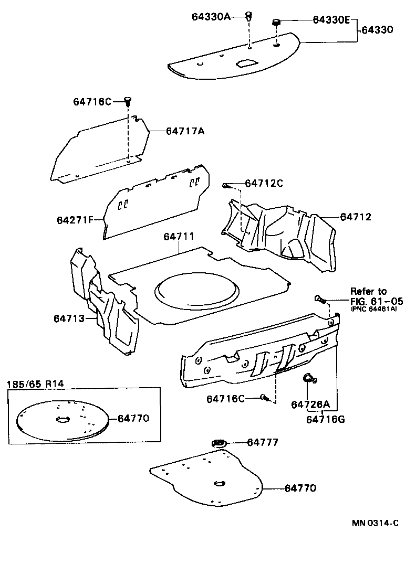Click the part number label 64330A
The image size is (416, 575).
(211, 17)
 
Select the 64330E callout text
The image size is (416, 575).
(331, 20)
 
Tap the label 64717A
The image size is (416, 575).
(185, 131)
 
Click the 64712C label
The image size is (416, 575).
(264, 183)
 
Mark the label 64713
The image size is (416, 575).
(69, 318)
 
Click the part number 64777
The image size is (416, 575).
(262, 443)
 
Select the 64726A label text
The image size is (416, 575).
(310, 404)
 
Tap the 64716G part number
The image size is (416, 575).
(326, 419)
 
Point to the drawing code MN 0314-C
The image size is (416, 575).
(375, 523)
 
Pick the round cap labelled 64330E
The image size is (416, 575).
(275, 23)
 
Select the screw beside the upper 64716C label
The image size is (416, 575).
(128, 101)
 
